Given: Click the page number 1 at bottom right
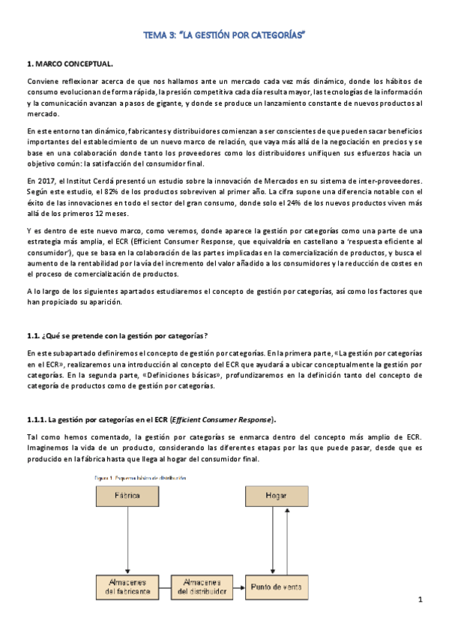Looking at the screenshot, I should tap(421, 600).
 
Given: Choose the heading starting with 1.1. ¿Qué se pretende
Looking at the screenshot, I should tap(117, 334).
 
